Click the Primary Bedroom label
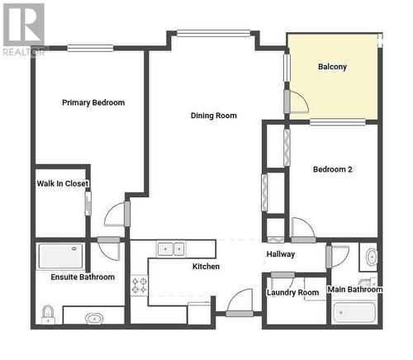point(93,102)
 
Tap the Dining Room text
point(214,116)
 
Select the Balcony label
point(332,67)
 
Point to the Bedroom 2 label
point(333,169)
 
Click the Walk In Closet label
point(63,183)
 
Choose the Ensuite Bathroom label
point(83,277)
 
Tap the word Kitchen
point(206,267)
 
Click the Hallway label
point(281,254)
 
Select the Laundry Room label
point(292,292)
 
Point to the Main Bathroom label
point(355,289)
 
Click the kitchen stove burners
point(140,286)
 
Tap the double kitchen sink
point(172,249)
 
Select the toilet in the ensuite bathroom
point(48,315)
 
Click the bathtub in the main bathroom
point(354,312)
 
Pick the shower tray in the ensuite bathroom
point(60,256)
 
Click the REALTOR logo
point(24,30)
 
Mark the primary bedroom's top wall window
point(90,49)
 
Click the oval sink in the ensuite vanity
point(94,319)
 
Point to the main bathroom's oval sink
point(372,257)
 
